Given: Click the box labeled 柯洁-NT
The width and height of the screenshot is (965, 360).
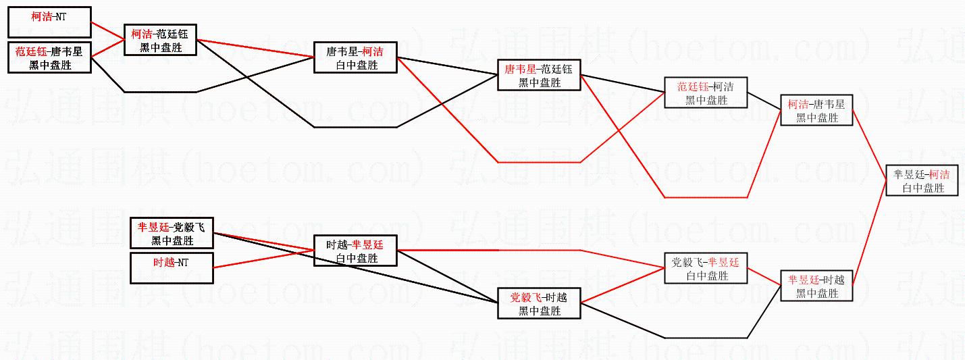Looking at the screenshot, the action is [x=49, y=22].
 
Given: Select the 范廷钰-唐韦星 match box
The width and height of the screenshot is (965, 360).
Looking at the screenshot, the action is [x=49, y=57].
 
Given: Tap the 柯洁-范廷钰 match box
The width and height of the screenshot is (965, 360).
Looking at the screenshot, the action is [x=160, y=40].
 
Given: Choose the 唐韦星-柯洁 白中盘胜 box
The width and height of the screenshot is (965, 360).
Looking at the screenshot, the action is [x=355, y=57].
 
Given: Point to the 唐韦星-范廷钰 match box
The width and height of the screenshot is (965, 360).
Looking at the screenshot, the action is [x=539, y=75].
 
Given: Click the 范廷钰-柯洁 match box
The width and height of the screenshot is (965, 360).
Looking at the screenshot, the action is [x=706, y=93].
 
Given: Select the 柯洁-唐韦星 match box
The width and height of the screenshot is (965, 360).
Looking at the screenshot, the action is [x=816, y=110].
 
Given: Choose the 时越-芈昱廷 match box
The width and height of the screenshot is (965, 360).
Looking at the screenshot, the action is [x=355, y=251].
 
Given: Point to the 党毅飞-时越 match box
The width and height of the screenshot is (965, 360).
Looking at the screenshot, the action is [x=539, y=303].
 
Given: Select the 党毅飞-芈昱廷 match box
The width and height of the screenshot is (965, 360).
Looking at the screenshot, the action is [x=706, y=268].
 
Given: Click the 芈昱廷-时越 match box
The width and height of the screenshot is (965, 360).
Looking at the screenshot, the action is [x=816, y=286].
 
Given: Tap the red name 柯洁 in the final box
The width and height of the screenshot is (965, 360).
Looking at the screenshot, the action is [x=939, y=174].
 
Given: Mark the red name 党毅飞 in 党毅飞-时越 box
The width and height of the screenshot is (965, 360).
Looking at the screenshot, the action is [x=522, y=297].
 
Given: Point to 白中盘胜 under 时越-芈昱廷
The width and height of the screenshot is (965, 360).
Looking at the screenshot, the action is [x=356, y=258].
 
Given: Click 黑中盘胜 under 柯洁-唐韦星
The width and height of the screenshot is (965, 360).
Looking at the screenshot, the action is [x=816, y=118].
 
